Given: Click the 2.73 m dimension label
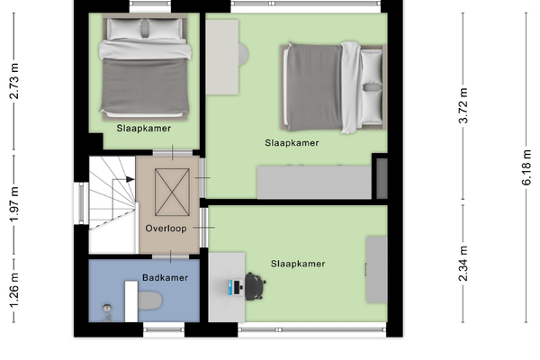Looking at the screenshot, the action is [13, 81].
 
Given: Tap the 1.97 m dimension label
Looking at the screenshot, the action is [13, 205].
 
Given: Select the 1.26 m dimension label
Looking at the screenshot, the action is [13, 291].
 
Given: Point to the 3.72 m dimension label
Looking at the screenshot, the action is [463, 105].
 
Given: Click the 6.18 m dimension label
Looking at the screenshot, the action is [526, 167].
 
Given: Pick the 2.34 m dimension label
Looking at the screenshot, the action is [463, 264].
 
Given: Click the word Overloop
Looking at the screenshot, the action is [166, 229].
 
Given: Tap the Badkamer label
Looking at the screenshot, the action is [165, 278].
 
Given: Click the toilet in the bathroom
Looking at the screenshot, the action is [150, 301].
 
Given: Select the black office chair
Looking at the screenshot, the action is [255, 286].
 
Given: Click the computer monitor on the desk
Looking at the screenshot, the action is [238, 288].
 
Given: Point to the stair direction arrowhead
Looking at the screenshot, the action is [130, 179].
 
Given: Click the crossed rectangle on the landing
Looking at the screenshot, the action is [172, 193].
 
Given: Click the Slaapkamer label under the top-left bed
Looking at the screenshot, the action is [144, 129].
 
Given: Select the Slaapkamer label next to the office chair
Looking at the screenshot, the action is [298, 264].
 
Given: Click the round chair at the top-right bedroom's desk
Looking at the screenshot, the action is [244, 54].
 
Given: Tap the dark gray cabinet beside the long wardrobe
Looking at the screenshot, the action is [382, 178].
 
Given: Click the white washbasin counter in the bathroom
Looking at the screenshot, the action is [131, 301].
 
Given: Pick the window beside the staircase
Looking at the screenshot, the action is [81, 203].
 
